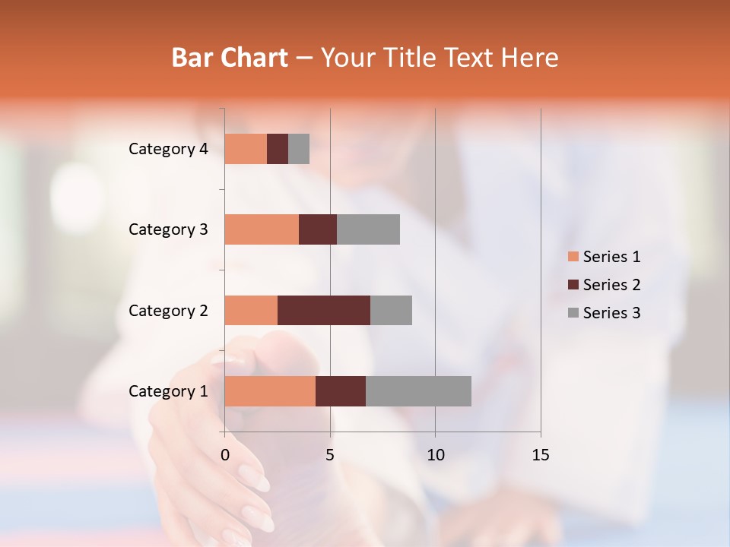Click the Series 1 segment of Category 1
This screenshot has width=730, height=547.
tap(270, 391)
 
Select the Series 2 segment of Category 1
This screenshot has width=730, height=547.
tap(341, 391)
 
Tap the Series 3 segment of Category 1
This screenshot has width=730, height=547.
tap(418, 391)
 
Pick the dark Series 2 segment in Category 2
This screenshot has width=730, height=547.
tap(324, 310)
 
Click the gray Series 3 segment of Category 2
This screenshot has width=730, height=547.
tap(391, 310)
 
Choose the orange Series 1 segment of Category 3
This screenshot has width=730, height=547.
tap(262, 229)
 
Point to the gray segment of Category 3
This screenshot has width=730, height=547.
tap(368, 229)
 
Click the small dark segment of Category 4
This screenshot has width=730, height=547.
tap(278, 149)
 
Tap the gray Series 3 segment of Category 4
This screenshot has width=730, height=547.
tap(299, 149)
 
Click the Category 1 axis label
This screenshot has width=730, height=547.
tap(168, 391)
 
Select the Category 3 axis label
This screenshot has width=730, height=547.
tap(168, 229)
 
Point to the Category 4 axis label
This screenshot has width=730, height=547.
tap(168, 149)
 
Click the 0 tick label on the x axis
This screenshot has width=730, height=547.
tap(225, 455)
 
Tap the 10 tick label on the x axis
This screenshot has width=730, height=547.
tap(435, 455)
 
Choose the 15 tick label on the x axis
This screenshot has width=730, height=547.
tap(540, 455)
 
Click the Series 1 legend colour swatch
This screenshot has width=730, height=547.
tap(573, 257)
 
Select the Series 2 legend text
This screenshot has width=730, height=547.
tap(611, 285)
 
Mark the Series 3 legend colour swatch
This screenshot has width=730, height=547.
tap(573, 313)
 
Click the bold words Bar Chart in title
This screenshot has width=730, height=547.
tap(230, 58)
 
